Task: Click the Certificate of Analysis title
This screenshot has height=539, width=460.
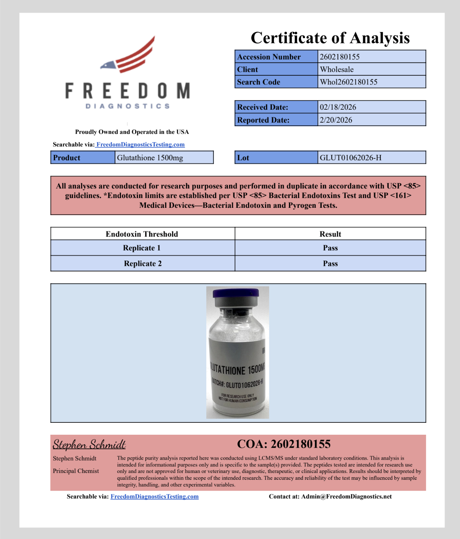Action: click(x=330, y=38)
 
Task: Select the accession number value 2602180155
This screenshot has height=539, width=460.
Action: click(x=340, y=57)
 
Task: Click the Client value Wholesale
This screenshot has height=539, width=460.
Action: click(x=337, y=69)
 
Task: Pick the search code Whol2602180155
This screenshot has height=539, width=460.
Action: click(x=349, y=82)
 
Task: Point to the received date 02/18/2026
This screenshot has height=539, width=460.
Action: click(x=338, y=107)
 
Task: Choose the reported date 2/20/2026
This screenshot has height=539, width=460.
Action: click(x=336, y=120)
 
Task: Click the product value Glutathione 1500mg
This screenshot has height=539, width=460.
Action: click(x=150, y=158)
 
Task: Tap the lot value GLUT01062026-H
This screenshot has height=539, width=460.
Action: click(x=350, y=158)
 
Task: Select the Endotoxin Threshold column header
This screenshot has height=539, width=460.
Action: click(x=142, y=234)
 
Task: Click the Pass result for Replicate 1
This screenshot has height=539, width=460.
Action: click(x=330, y=248)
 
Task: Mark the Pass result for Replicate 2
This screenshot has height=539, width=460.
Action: click(x=330, y=263)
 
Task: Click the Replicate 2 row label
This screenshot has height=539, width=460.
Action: click(x=143, y=263)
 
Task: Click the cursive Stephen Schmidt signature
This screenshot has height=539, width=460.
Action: click(x=89, y=444)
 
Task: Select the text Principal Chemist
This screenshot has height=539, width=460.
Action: click(x=76, y=471)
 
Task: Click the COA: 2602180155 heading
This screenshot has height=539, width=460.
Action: click(x=284, y=444)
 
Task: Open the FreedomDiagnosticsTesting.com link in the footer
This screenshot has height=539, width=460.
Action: click(x=154, y=496)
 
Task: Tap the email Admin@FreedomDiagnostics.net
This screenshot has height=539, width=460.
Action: click(x=346, y=496)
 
